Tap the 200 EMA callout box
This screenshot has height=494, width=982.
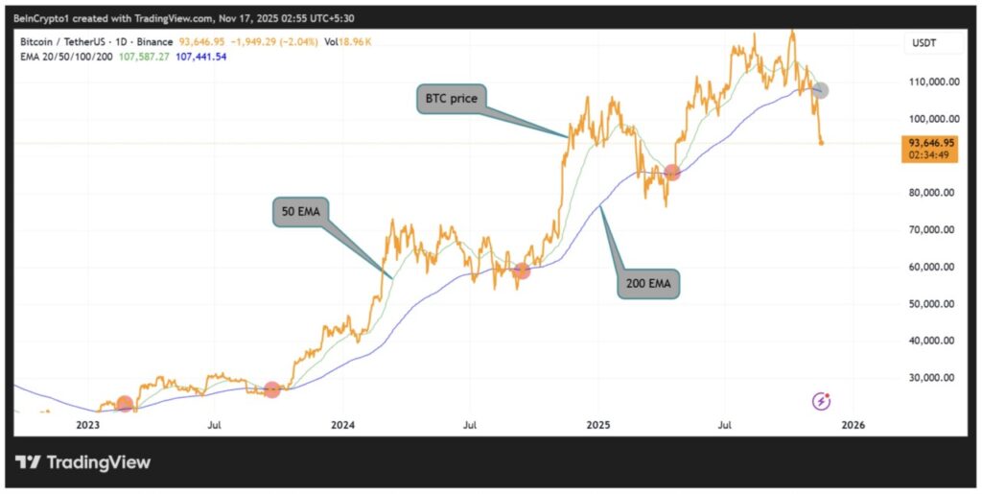[x=648, y=284]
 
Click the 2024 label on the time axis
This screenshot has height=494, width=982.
[x=342, y=423]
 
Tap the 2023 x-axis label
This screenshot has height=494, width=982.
[x=87, y=423]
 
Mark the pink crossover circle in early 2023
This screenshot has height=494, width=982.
[x=125, y=404]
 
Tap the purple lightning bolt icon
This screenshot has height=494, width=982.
[x=822, y=400]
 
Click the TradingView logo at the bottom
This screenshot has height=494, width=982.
[x=83, y=462]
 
